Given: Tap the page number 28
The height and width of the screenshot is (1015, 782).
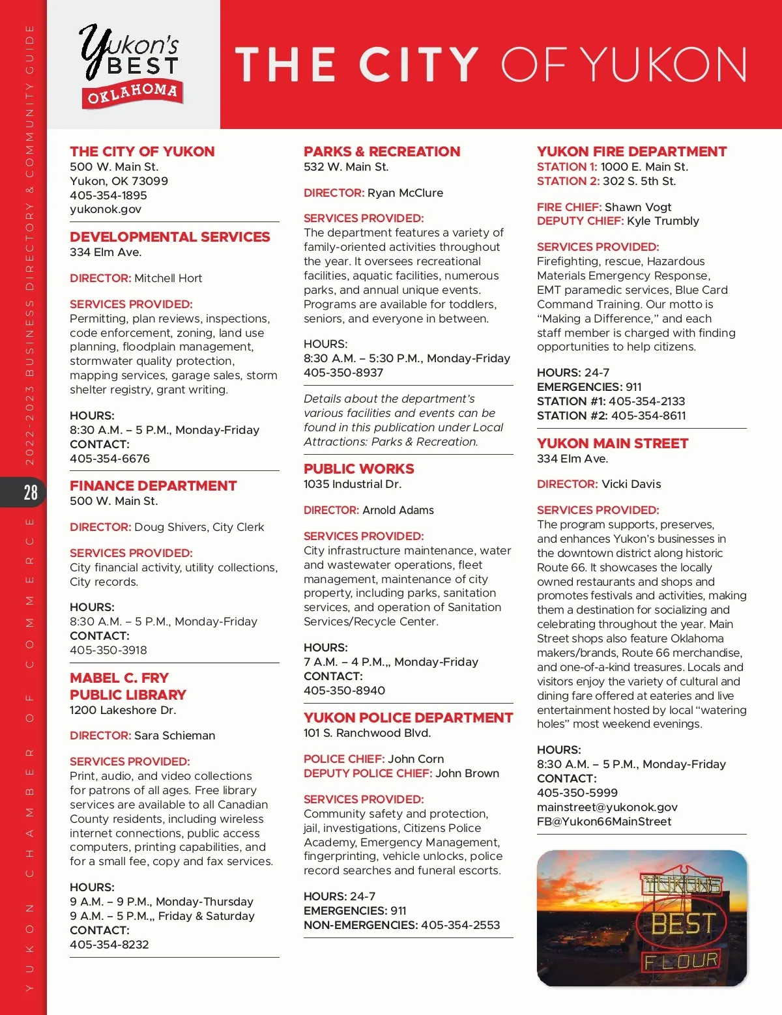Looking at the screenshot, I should (31, 493).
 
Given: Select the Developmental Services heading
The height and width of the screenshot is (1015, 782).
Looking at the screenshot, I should (169, 237).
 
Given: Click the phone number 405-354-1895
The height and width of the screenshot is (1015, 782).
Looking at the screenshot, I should (108, 195).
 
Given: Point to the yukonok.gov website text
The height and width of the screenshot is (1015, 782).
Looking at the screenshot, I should (106, 209).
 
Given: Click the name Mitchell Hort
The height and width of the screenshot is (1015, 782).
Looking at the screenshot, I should (168, 278).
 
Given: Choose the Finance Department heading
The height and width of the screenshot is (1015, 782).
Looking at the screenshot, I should (153, 486).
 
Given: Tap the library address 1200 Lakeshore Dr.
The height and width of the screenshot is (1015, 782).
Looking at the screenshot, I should (123, 710).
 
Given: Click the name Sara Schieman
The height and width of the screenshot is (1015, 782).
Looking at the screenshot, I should (175, 736).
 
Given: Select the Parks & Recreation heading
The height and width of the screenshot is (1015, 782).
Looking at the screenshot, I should (382, 152).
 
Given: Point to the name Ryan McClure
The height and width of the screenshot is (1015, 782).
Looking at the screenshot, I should (405, 193).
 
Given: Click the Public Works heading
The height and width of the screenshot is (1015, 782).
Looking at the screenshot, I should (358, 469).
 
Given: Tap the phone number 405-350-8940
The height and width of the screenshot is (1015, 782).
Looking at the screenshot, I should (344, 691).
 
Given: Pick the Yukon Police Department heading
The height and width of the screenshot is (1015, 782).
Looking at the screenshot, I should (408, 718).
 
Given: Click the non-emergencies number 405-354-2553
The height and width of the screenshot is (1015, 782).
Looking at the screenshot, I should (461, 925).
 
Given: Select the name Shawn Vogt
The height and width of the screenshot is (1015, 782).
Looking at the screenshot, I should (638, 207).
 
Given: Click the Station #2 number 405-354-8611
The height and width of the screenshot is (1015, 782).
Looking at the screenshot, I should (648, 416).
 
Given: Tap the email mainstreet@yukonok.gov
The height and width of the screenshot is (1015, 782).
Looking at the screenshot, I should (607, 807).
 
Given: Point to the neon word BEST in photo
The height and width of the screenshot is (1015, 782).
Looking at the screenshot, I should (683, 924).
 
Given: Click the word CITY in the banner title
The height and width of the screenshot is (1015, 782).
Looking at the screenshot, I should (419, 64).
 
